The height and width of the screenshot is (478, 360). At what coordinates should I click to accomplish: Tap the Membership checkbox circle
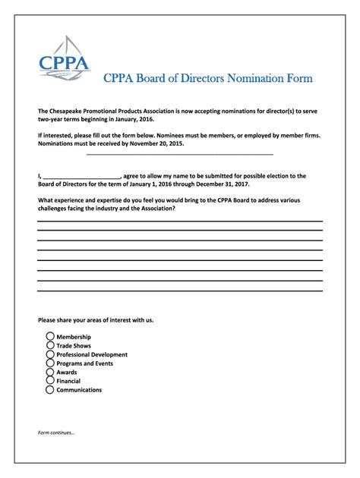[x=50, y=336]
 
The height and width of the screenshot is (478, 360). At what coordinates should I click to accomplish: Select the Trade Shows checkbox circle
[x=50, y=345]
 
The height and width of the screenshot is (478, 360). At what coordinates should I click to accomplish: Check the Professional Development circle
[x=50, y=354]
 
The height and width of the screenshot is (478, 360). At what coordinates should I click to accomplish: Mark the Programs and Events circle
[x=50, y=363]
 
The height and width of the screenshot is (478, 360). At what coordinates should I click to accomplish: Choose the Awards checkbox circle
[x=50, y=373]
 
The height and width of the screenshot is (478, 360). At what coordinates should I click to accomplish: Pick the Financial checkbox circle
[x=50, y=381]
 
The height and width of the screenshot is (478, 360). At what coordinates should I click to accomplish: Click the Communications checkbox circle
[x=50, y=390]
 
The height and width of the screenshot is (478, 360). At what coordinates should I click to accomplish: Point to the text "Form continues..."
[x=57, y=433]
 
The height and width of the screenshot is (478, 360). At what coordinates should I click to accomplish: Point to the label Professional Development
[x=92, y=354]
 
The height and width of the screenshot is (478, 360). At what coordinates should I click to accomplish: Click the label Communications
[x=79, y=390]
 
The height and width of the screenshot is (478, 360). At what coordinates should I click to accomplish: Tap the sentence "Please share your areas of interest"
[x=96, y=320]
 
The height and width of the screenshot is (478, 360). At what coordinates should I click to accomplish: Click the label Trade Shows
[x=74, y=345]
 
